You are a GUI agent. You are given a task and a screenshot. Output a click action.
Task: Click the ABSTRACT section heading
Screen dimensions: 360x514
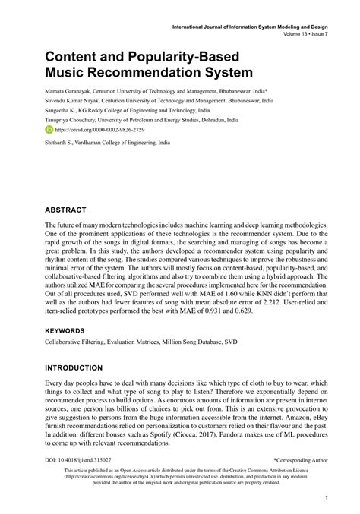[65, 209]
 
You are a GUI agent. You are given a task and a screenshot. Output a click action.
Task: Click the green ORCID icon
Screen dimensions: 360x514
[49, 130]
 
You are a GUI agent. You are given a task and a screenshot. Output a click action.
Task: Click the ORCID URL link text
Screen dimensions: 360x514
[97, 130]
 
